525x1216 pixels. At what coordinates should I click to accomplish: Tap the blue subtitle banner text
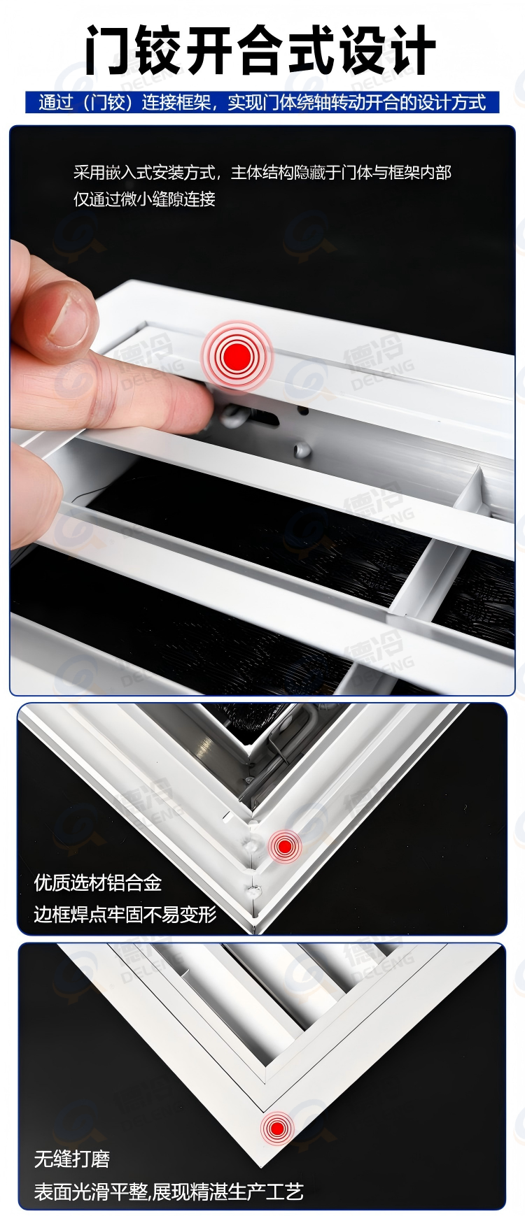262,103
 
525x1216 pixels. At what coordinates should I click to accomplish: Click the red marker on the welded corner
284,847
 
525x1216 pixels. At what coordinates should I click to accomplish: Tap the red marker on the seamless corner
276,1128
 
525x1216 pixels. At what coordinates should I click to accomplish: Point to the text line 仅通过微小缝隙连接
144,199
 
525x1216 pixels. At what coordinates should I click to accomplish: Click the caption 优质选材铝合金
98,882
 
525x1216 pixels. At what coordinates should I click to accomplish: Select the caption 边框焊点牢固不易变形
125,914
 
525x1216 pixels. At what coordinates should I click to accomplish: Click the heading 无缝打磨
72,1159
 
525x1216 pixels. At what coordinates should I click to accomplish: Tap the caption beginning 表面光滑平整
169,1192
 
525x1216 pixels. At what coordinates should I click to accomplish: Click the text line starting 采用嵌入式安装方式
262,173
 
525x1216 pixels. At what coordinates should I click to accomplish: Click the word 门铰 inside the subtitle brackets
107,103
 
